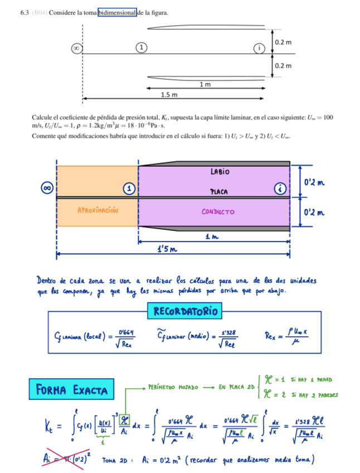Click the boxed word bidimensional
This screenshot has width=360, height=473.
tap(117, 12)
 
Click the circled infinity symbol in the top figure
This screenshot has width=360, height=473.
tap(75, 49)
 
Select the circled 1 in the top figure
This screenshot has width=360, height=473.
tap(143, 49)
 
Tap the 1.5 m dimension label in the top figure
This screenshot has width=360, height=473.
tap(169, 95)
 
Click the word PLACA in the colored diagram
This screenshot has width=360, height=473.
tap(220, 191)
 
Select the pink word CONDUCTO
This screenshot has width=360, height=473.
tap(218, 212)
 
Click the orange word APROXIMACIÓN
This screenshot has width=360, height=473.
tap(98, 210)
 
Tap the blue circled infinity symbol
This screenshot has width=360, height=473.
tap(47, 188)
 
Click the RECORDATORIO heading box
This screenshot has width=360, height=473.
tap(184, 310)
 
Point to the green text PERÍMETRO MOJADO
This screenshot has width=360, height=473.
tap(171, 386)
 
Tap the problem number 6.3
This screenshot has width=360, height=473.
tap(24, 12)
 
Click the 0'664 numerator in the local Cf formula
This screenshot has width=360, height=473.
tap(125, 332)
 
